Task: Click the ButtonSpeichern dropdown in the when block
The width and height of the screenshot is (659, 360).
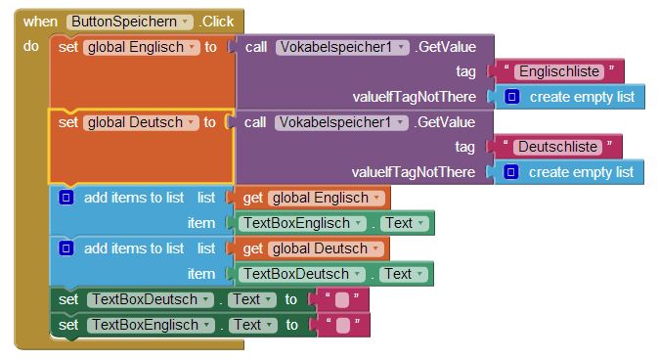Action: coord(129,22)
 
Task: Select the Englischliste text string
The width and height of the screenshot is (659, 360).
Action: coord(558,71)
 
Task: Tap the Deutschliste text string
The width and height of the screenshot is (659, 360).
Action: coord(557,147)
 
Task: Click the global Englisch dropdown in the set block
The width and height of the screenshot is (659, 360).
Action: coord(141,47)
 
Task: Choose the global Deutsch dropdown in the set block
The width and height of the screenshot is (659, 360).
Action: coord(141,122)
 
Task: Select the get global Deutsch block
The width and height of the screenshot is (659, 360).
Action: coord(312,248)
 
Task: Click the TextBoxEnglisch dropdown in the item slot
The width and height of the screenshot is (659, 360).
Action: coord(302,223)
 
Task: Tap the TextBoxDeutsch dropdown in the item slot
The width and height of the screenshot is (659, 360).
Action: coord(301,274)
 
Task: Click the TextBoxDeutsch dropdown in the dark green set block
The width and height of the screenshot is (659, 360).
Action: coord(150,299)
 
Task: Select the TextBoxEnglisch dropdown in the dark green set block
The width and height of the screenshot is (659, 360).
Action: coord(151,325)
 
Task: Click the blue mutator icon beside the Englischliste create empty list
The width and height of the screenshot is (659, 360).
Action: coord(511,97)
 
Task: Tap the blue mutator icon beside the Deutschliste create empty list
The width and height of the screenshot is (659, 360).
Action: coord(510,172)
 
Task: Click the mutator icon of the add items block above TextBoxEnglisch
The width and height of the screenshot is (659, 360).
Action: coord(66,198)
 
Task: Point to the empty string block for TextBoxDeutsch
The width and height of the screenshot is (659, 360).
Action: coord(342,300)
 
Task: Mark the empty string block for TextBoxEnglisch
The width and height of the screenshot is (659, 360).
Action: coord(343,325)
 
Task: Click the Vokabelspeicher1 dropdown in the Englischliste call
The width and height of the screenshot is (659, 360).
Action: coord(342,47)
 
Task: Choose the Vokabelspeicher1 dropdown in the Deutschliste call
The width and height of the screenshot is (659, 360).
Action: coord(341,122)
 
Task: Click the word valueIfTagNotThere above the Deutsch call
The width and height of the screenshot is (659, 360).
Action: coord(414,97)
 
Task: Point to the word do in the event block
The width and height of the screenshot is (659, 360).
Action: coord(31,46)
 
